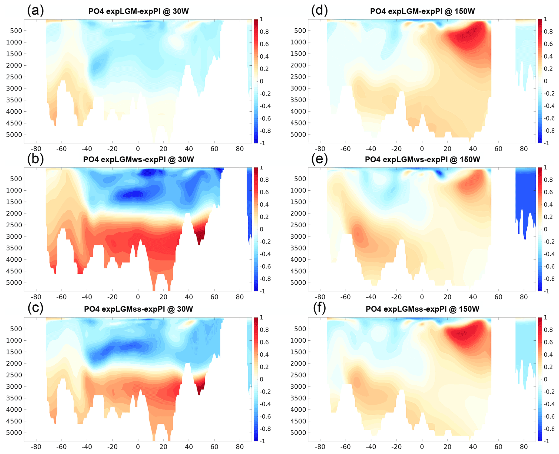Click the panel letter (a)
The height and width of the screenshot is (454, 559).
click(35, 11)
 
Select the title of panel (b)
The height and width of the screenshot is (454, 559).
click(138, 159)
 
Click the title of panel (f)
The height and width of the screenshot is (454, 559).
click(422, 309)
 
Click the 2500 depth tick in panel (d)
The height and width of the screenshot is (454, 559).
click(298, 77)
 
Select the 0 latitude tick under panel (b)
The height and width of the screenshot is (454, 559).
click(138, 297)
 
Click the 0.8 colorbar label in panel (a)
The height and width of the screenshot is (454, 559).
click(264, 32)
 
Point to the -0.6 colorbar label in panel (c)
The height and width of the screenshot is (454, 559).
click(265, 416)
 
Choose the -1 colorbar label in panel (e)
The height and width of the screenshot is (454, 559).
click(546, 291)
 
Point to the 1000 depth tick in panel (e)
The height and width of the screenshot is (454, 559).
click(298, 190)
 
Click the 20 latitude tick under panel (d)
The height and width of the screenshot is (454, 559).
click(448, 149)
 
